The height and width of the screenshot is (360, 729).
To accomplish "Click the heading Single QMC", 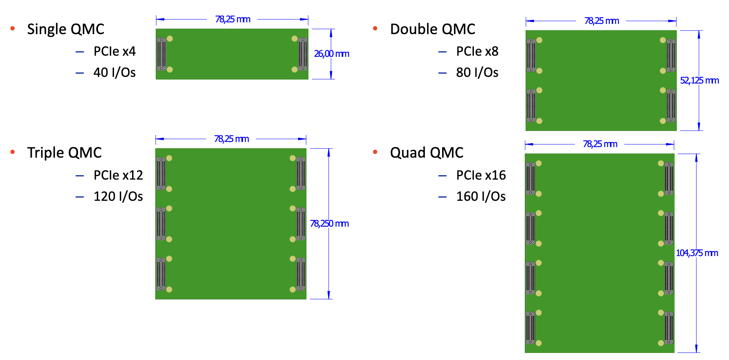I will pos(65,29).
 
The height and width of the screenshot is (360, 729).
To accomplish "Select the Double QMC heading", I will pos(432,29).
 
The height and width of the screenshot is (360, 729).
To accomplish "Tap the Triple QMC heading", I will pos(64,153).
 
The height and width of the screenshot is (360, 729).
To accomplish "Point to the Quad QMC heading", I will pos(426,153).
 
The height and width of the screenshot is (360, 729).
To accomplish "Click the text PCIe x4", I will pos(114,51).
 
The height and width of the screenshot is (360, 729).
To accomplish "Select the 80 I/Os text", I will pos(477,73).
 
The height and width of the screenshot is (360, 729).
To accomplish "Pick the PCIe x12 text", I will pos(118,175).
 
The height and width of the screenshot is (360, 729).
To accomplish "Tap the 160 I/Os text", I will pos(481,196).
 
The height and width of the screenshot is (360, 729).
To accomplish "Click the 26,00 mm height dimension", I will pos(332,54).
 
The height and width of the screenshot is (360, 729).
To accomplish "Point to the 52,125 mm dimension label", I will pos(699,80).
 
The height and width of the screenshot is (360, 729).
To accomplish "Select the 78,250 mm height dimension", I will pos(329,224).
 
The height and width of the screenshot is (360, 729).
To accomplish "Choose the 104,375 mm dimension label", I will pos(697,253).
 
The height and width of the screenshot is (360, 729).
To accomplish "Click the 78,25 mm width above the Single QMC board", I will pos(232,19).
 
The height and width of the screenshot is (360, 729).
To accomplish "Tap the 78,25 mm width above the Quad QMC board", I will pos(600,144).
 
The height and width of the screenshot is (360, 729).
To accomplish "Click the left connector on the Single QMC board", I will pos(161,54).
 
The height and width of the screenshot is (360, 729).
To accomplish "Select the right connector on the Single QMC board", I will pos(303,54).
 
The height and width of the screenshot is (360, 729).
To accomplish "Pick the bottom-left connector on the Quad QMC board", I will pos(530,328).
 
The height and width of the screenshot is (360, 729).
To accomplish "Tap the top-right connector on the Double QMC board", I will pos(671,55).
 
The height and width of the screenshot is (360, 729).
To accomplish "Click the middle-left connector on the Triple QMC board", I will pos(161,224).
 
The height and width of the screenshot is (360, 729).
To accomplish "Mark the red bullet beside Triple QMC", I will pos(13,152).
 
